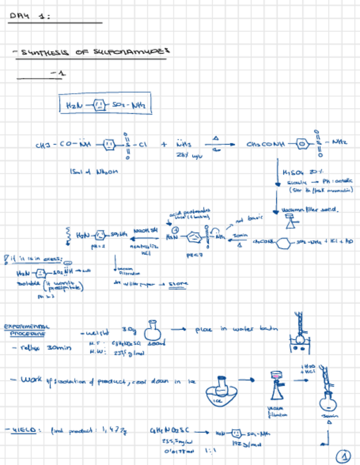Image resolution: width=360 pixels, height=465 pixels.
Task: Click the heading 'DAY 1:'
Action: pyautogui.click(x=30, y=16)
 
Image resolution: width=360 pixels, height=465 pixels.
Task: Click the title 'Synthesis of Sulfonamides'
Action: pyautogui.click(x=91, y=53)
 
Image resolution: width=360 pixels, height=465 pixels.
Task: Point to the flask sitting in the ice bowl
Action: pyautogui.click(x=222, y=382)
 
